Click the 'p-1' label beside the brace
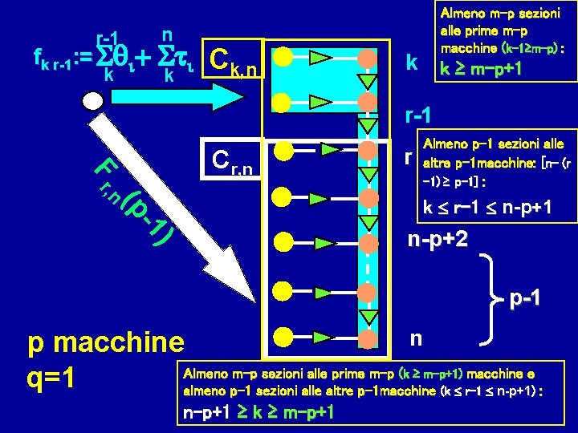click(x=524, y=299)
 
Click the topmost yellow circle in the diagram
click(x=280, y=58)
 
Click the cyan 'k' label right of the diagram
click(x=411, y=60)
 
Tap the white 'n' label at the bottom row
click(x=414, y=338)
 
